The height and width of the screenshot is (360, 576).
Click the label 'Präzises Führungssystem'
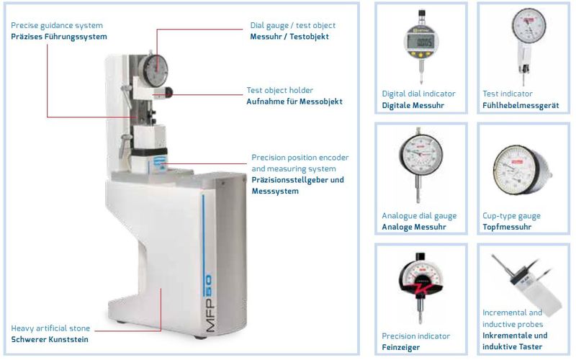point(59,37)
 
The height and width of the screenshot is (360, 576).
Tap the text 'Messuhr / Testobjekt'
point(289,37)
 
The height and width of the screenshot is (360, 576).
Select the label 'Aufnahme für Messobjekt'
point(294,102)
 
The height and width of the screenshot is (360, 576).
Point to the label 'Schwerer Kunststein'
point(50,339)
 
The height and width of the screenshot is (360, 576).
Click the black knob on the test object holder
point(168,92)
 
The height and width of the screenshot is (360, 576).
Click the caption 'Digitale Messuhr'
point(413,105)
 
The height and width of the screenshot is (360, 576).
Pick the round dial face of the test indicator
point(528,26)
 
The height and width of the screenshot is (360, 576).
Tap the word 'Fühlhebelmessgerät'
point(521,106)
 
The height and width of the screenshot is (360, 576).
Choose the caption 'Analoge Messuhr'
point(414,227)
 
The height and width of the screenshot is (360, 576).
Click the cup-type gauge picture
point(522,170)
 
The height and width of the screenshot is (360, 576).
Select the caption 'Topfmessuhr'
point(507,227)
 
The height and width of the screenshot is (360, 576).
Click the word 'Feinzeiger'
point(401,348)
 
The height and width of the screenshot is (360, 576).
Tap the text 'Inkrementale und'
point(515,336)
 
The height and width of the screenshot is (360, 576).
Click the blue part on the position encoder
point(160,162)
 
